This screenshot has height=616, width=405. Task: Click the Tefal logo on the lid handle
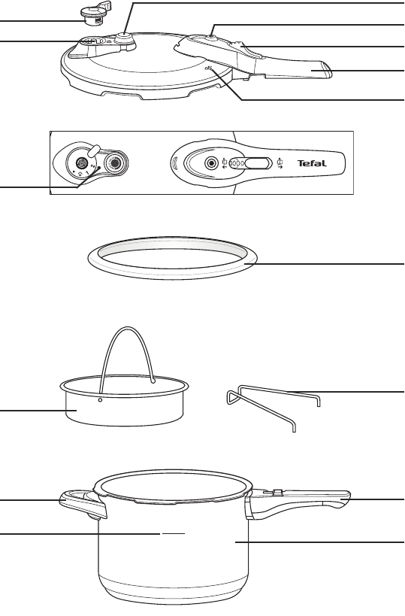[312, 163]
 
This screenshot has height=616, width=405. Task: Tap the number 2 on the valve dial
[92, 166]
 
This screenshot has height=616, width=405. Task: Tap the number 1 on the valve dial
[86, 172]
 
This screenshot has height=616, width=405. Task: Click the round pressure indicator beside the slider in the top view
[212, 162]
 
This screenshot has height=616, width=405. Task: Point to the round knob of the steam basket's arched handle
[153, 381]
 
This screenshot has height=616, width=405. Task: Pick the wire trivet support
[274, 408]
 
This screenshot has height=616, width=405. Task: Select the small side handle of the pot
[83, 504]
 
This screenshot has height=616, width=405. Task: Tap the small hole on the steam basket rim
[100, 400]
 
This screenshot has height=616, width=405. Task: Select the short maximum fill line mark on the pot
[174, 534]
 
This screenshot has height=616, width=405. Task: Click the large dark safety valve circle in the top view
[115, 163]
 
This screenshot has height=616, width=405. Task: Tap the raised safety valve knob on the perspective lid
[124, 38]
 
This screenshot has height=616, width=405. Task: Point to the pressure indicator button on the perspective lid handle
[213, 38]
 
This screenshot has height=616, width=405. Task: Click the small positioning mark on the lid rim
[209, 68]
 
